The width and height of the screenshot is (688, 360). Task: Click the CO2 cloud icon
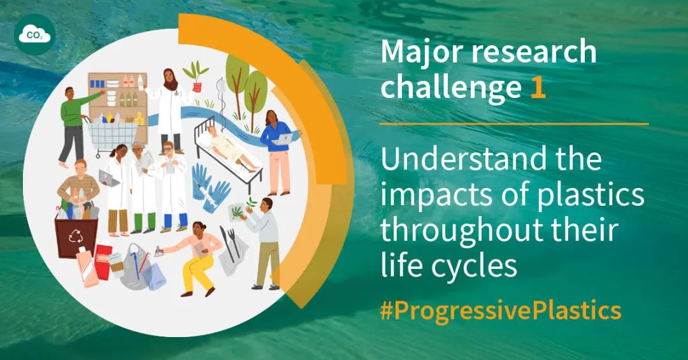pyautogui.click(x=34, y=34)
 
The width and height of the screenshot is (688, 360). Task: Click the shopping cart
pyautogui.click(x=112, y=136)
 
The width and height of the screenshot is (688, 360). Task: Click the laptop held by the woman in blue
pyautogui.click(x=283, y=139)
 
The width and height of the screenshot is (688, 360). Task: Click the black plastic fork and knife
pyautogui.click(x=231, y=241)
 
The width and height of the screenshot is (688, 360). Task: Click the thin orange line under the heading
pyautogui.click(x=514, y=124)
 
